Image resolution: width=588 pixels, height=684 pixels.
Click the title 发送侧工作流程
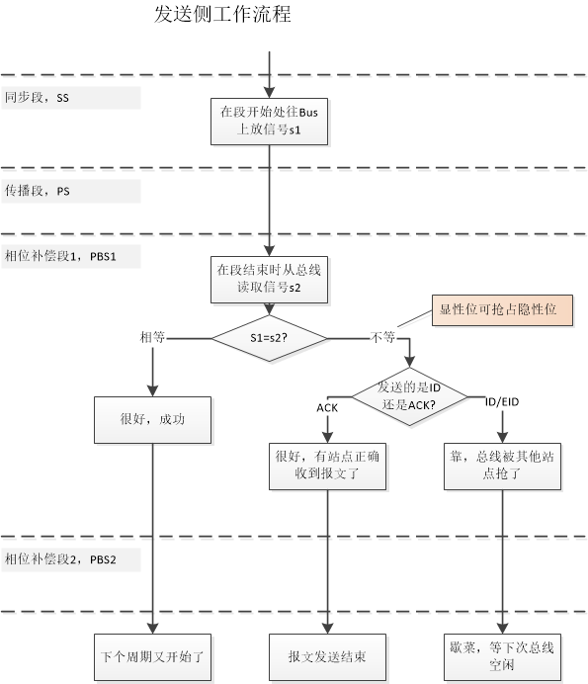coord(223,15)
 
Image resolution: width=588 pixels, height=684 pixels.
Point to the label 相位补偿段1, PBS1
coord(60,256)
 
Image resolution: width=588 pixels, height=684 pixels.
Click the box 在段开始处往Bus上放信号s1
coord(269,121)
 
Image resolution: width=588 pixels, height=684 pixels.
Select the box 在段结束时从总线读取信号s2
coord(269,279)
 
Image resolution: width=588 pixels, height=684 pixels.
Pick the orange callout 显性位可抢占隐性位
coord(500,309)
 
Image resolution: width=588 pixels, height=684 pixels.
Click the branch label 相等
coord(153,337)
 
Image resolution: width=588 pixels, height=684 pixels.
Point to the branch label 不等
coord(383,337)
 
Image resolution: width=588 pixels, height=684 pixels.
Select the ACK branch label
coord(327,407)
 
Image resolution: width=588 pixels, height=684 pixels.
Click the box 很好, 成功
coord(152,419)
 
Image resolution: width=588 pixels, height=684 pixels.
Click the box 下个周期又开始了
coord(152,654)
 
